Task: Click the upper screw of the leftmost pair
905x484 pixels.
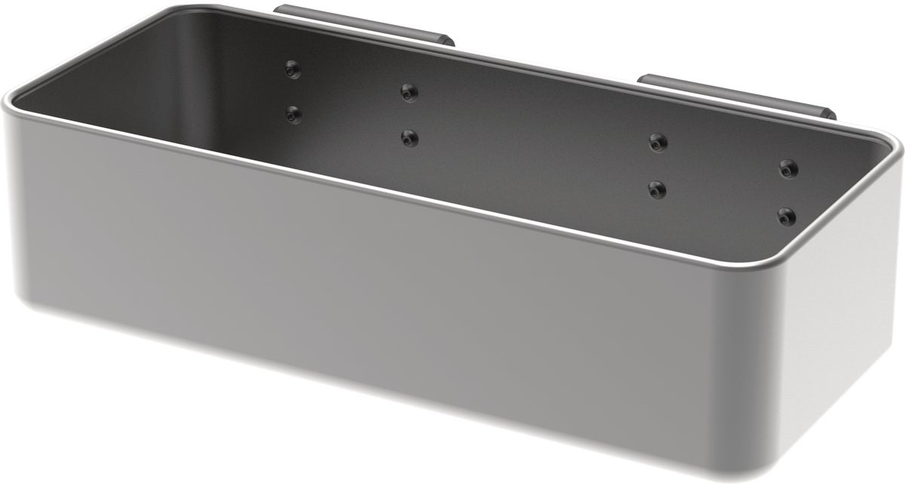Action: coord(293,69)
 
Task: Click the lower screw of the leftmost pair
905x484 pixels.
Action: coord(293,115)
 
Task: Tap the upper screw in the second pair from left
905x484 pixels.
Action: coord(409,92)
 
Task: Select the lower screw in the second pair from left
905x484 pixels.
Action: coord(409,138)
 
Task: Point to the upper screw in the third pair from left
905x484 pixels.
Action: coord(658,142)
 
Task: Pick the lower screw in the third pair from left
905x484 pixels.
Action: coord(658,188)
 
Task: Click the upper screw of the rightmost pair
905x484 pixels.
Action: coord(788,167)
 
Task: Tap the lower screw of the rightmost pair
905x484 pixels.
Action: coord(787,217)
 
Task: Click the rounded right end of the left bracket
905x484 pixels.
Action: coord(448,38)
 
